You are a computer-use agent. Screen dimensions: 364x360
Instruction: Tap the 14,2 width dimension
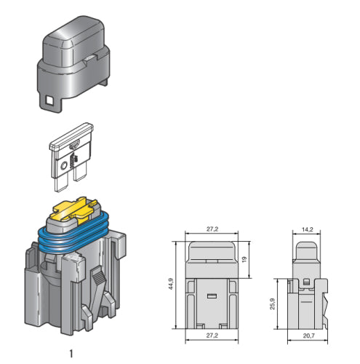click(x=307, y=229)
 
